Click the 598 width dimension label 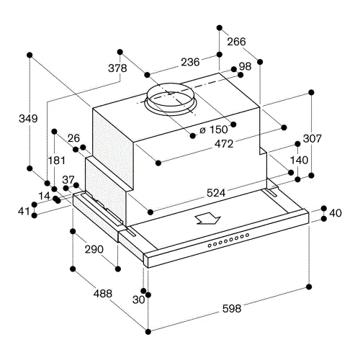pyautogui.click(x=232, y=308)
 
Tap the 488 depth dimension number pyautogui.click(x=103, y=293)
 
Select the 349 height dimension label pyautogui.click(x=28, y=119)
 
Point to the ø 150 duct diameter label pyautogui.click(x=214, y=130)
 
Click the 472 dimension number pyautogui.click(x=224, y=144)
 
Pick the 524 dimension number pyautogui.click(x=216, y=193)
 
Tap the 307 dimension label pyautogui.click(x=312, y=138)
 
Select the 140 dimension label pyautogui.click(x=299, y=160)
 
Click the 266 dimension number pyautogui.click(x=236, y=42)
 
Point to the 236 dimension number pyautogui.click(x=190, y=62)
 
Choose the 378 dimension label pyautogui.click(x=117, y=68)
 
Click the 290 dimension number pyautogui.click(x=94, y=249)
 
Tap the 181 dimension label pyautogui.click(x=57, y=161)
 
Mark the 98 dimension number pyautogui.click(x=245, y=66)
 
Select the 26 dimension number pyautogui.click(x=73, y=138)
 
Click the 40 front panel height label pyautogui.click(x=336, y=213)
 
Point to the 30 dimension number pyautogui.click(x=138, y=300)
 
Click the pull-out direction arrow pyautogui.click(x=207, y=218)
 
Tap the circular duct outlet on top pyautogui.click(x=170, y=99)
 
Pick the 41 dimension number pyautogui.click(x=24, y=212)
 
